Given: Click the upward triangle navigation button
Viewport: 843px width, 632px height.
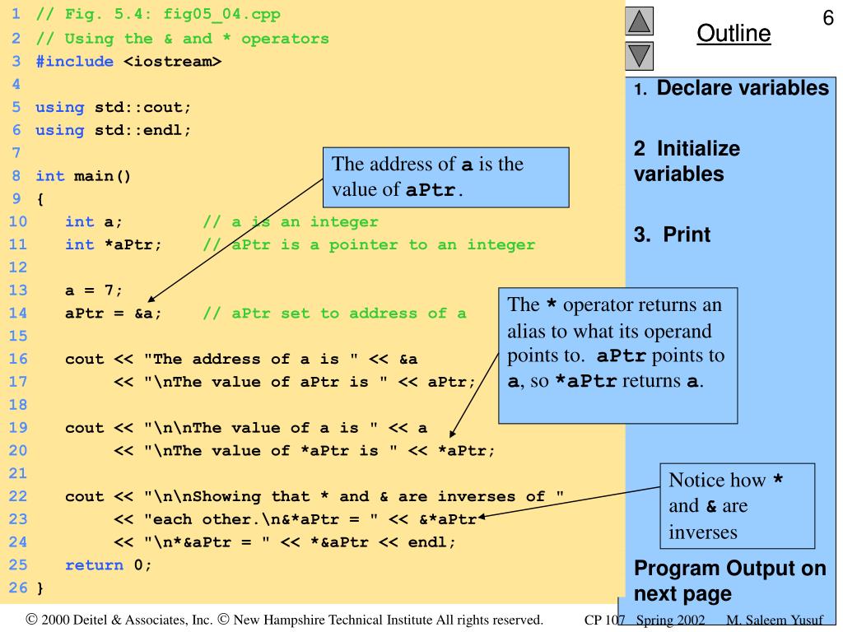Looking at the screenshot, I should (640, 21).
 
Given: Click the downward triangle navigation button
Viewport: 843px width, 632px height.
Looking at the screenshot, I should (640, 56).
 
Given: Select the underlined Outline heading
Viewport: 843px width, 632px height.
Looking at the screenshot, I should (734, 34).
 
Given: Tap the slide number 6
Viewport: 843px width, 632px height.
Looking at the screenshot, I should (828, 17).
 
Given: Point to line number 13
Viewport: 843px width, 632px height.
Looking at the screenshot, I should (19, 290).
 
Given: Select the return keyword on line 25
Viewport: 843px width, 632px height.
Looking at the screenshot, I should (94, 565).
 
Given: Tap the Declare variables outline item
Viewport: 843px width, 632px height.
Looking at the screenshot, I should (742, 88).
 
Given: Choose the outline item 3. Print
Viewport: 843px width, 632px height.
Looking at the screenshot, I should (672, 235).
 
